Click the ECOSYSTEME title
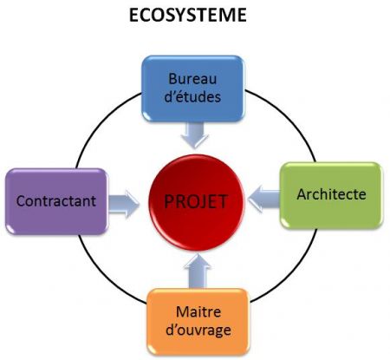[x=187, y=15]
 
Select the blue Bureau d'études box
[x=193, y=88]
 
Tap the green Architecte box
[x=331, y=195]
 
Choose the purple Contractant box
[x=56, y=201]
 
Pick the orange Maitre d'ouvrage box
[x=198, y=322]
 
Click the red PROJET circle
[x=197, y=203]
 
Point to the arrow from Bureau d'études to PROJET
[x=194, y=135]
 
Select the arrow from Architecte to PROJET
[x=264, y=199]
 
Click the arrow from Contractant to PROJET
[x=124, y=204]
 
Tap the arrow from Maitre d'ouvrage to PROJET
[x=198, y=272]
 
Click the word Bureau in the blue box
[x=192, y=79]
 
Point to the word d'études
[x=192, y=96]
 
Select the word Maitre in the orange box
[x=198, y=311]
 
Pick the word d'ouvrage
[x=198, y=331]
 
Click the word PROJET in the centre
[x=196, y=201]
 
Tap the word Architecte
[x=331, y=194]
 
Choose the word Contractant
[x=56, y=201]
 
